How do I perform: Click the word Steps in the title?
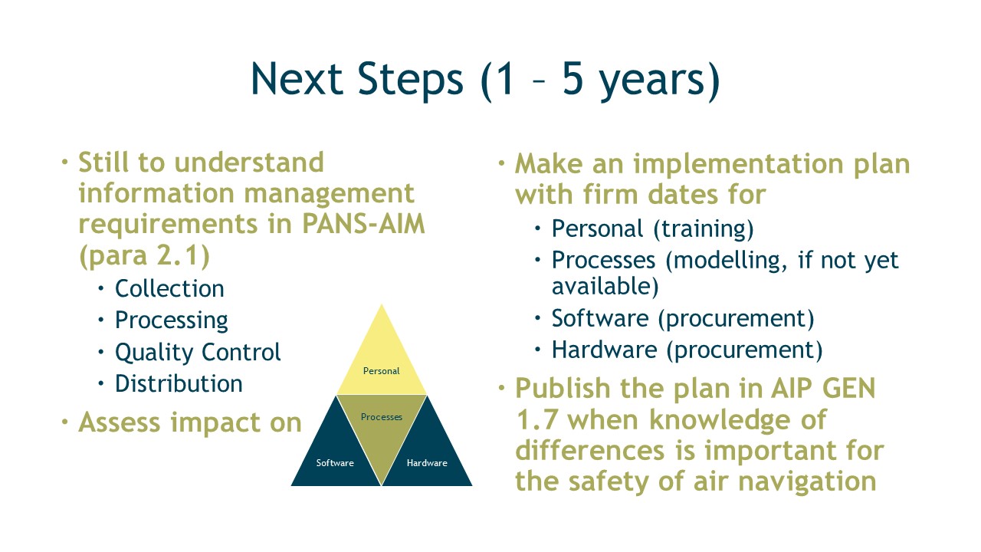click(410, 80)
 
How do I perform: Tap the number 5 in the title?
click(573, 78)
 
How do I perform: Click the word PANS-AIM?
click(363, 224)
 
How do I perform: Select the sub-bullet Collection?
click(169, 289)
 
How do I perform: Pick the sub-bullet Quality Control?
click(198, 353)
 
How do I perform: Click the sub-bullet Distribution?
click(179, 384)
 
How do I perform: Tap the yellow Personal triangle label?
click(382, 371)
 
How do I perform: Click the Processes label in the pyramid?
click(382, 417)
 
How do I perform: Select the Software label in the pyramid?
click(335, 463)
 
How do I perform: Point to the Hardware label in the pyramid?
click(427, 463)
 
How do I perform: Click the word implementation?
click(738, 165)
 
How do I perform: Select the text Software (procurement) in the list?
click(683, 318)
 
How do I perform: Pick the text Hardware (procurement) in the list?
click(687, 350)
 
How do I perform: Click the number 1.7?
click(537, 420)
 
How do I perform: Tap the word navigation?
click(807, 482)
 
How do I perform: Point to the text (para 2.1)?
click(145, 255)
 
